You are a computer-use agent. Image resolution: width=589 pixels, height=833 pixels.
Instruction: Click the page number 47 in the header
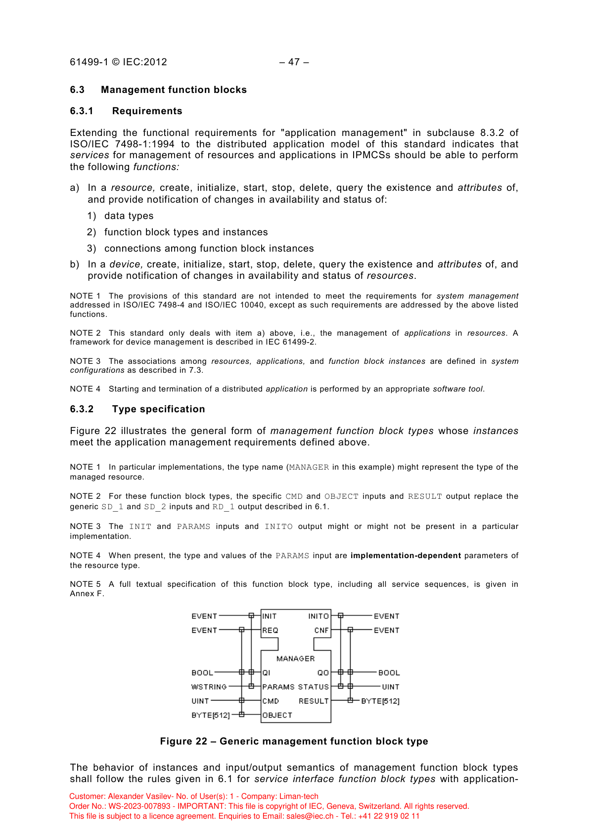294,62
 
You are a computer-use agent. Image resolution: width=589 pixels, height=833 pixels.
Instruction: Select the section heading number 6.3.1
82,111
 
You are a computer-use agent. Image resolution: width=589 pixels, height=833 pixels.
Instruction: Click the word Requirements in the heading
147,111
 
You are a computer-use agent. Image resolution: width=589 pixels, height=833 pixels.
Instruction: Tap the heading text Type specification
158,409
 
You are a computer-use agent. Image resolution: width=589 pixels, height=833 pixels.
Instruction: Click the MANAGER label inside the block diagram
295,658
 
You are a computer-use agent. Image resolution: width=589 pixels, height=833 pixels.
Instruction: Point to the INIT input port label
270,616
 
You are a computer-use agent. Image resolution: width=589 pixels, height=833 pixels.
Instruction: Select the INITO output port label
318,616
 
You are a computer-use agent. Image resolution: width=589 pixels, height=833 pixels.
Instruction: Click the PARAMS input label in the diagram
278,687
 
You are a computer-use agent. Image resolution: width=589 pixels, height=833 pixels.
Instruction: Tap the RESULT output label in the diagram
314,701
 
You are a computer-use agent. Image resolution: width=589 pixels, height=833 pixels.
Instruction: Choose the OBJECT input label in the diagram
277,715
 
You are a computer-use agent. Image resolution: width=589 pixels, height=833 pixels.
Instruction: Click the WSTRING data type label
209,687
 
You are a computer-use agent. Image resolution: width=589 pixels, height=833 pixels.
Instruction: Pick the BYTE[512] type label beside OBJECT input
211,715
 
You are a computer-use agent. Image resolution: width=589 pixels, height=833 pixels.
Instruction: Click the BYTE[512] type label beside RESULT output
380,701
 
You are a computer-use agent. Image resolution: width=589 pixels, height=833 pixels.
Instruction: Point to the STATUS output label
314,687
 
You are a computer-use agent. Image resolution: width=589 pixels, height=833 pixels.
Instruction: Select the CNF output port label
321,630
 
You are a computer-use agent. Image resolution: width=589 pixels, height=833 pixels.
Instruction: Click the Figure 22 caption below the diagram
294,741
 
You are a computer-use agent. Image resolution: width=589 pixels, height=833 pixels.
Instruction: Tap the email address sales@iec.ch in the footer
310,816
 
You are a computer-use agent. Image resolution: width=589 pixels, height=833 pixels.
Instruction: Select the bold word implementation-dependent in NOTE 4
406,556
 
